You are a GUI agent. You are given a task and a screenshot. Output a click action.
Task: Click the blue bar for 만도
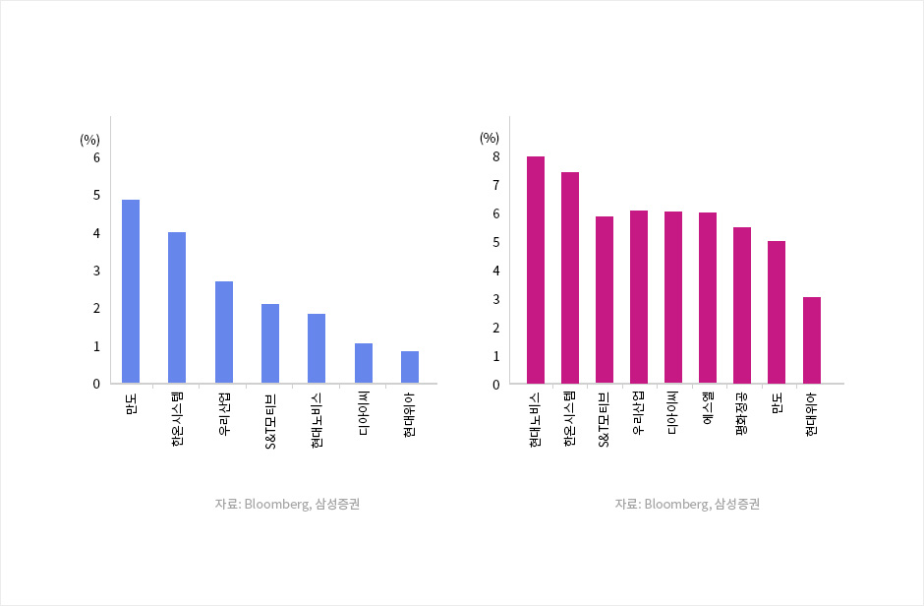pos(131,291)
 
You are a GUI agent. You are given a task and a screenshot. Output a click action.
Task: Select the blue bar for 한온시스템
pos(177,308)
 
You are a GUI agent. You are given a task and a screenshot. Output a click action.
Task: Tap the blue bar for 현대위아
pos(410,367)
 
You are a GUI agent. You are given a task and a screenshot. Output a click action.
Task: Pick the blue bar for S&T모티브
pos(270,343)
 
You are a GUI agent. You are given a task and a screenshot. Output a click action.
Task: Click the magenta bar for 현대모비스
pos(536,270)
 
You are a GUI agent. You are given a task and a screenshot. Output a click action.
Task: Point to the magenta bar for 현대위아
pos(812,340)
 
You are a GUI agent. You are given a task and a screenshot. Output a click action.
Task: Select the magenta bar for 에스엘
pos(708,298)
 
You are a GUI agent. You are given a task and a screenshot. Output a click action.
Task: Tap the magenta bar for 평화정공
pos(742,305)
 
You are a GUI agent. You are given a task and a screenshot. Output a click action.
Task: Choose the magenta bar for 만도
pos(777,312)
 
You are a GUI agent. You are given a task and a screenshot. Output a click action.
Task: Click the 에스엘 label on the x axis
pos(708,407)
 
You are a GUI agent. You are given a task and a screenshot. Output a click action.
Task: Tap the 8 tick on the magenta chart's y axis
pos(496,156)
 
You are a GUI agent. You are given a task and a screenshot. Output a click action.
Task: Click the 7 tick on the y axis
pos(496,185)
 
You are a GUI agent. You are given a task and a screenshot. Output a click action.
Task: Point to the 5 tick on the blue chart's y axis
pos(96,195)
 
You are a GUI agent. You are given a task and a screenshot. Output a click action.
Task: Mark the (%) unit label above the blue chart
pos(90,140)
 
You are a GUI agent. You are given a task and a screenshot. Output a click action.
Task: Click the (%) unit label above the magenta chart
pos(490,138)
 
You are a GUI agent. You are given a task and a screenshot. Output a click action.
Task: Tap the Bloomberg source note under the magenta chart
pos(688,504)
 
